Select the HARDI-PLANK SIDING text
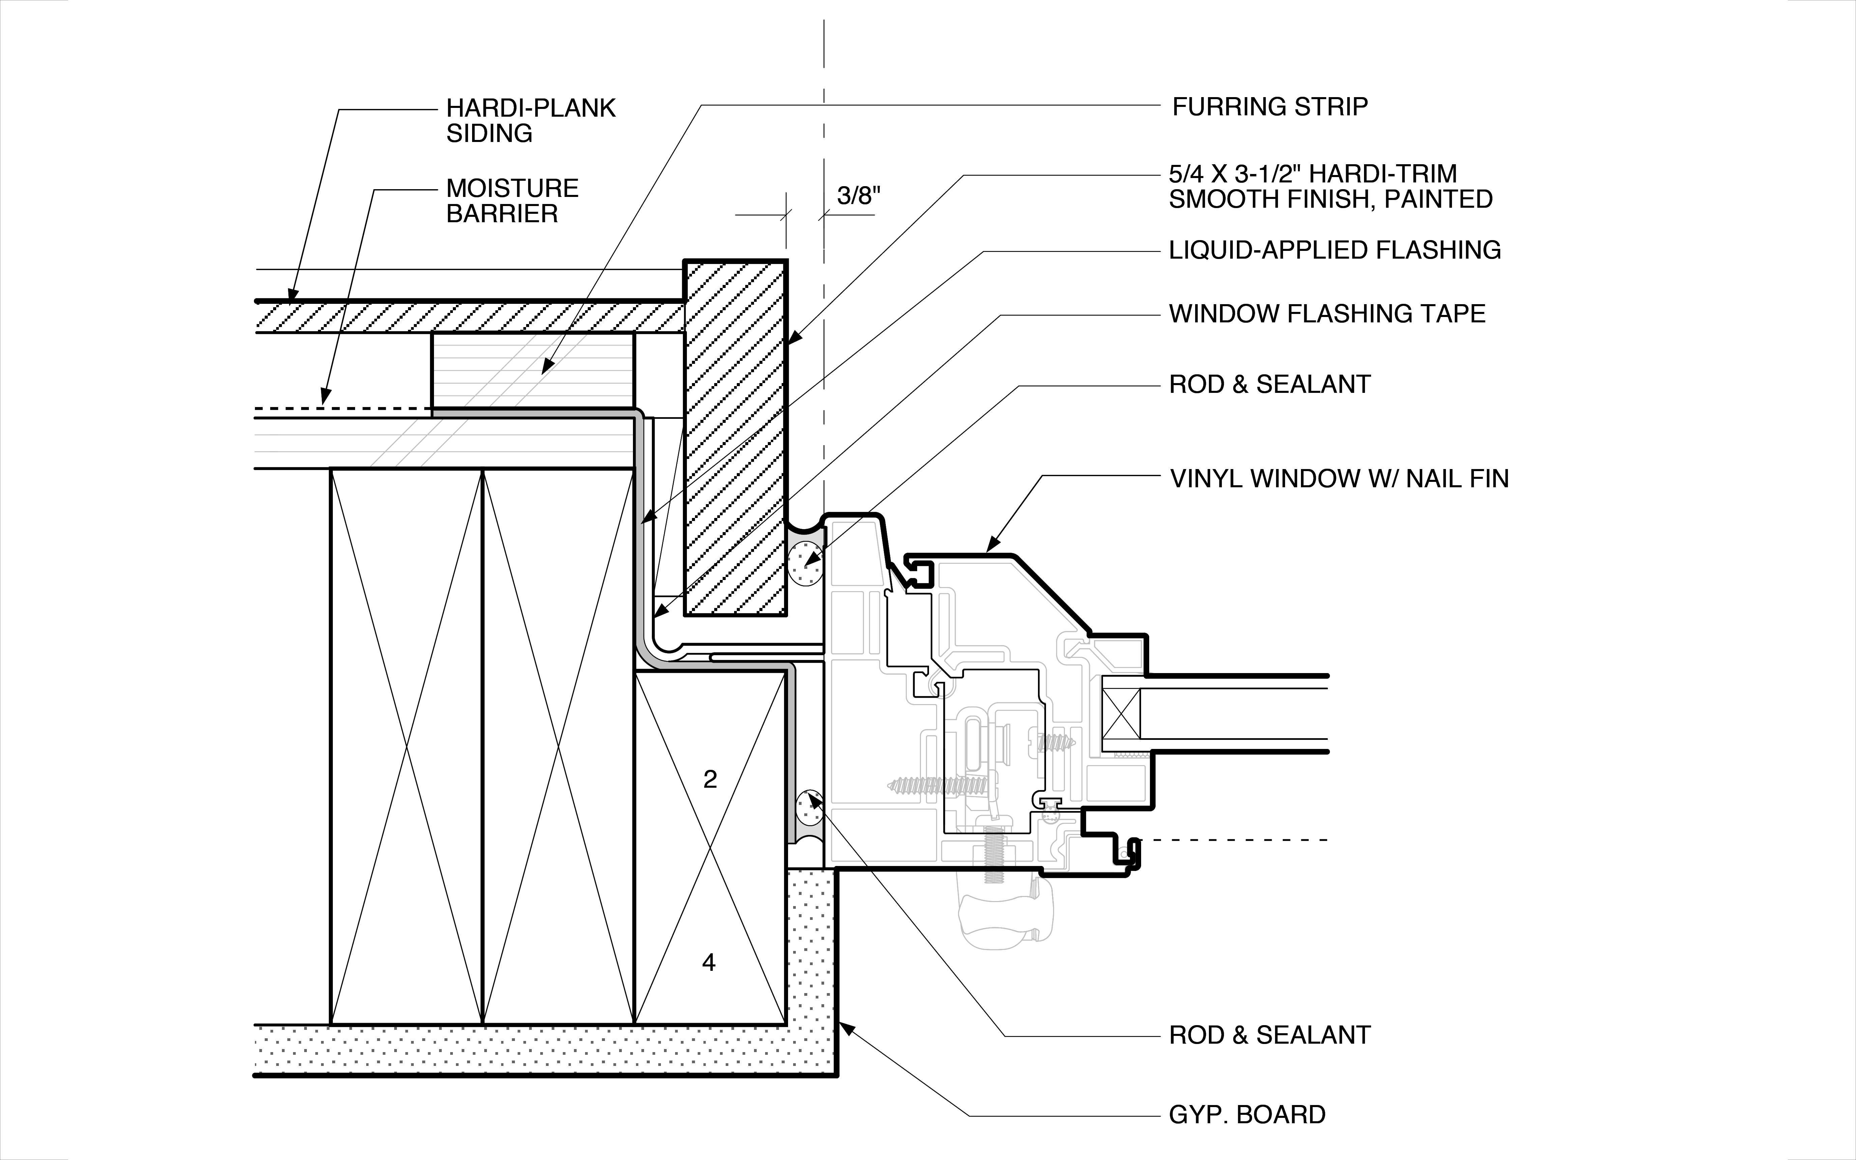click(531, 120)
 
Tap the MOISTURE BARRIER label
click(512, 201)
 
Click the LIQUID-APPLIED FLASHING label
click(1334, 250)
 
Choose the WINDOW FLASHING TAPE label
click(1327, 314)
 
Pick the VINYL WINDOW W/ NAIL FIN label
click(1339, 479)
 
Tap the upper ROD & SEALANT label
click(1269, 384)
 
